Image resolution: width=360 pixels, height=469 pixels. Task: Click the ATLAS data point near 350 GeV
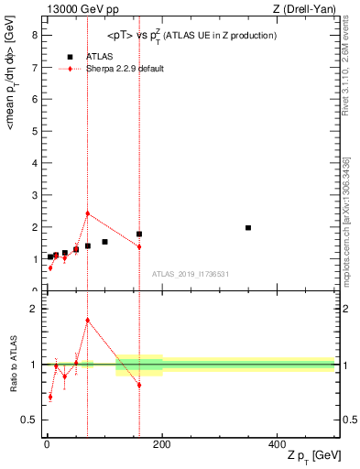tap(248, 227)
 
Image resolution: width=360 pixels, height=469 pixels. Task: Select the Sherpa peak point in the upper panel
tap(88, 213)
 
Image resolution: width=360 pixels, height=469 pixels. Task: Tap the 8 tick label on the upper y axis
tap(33, 36)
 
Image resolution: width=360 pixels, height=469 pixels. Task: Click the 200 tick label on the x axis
tap(162, 443)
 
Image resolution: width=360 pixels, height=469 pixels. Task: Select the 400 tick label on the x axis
tap(277, 443)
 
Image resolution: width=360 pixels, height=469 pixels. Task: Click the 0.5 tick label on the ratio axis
tap(28, 420)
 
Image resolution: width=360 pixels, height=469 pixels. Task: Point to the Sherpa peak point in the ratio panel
tap(88, 320)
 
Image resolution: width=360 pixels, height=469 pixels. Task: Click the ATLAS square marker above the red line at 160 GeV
tap(139, 234)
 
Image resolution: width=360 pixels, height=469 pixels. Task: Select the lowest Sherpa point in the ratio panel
tap(49, 397)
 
